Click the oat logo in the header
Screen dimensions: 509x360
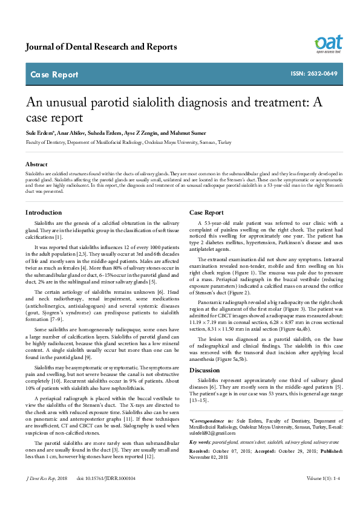tap(328, 44)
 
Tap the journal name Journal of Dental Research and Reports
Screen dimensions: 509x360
tap(101, 47)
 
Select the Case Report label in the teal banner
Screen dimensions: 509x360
tap(54, 75)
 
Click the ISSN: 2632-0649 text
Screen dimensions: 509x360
tap(315, 74)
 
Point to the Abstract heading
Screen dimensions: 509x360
tap(36, 164)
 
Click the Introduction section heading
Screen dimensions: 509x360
tap(44, 213)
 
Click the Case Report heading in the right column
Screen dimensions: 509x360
tap(206, 213)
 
